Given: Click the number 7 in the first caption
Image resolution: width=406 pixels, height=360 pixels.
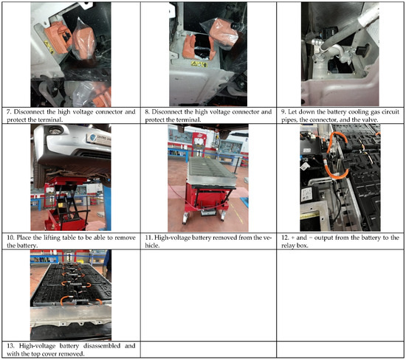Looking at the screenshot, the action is pyautogui.click(x=9, y=112).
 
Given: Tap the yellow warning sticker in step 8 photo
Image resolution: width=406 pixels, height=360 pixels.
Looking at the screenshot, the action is pyautogui.click(x=199, y=63).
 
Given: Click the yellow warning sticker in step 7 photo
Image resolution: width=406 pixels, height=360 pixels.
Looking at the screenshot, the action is pyautogui.click(x=49, y=46).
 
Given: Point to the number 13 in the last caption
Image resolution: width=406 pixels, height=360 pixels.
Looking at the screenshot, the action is pyautogui.click(x=10, y=346).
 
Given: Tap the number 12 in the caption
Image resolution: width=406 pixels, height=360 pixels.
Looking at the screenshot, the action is pyautogui.click(x=285, y=238).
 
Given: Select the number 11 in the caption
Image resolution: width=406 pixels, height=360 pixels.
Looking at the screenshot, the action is pyautogui.click(x=148, y=238).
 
